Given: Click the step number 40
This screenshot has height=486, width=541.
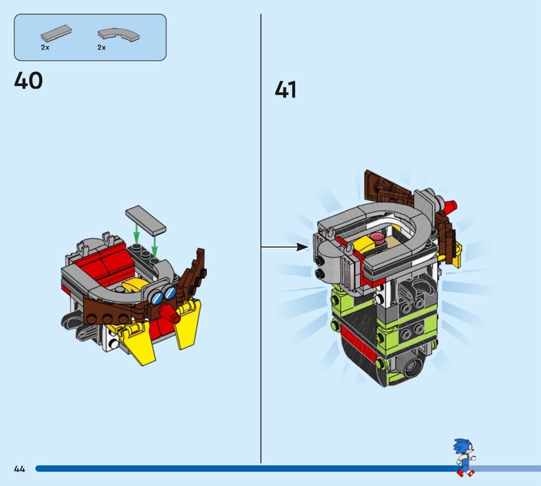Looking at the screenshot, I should (x=28, y=81).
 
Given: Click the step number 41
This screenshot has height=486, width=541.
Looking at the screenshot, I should (x=285, y=89).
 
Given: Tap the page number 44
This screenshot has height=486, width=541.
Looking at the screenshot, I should (x=19, y=468).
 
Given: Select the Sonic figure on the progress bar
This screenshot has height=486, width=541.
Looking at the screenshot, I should (x=465, y=456).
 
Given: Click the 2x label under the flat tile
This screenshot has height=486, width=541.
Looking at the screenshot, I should (x=45, y=48).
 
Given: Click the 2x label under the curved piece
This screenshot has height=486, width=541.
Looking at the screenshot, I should (x=101, y=48).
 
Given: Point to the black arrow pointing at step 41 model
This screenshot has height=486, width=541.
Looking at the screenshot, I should (x=285, y=247).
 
